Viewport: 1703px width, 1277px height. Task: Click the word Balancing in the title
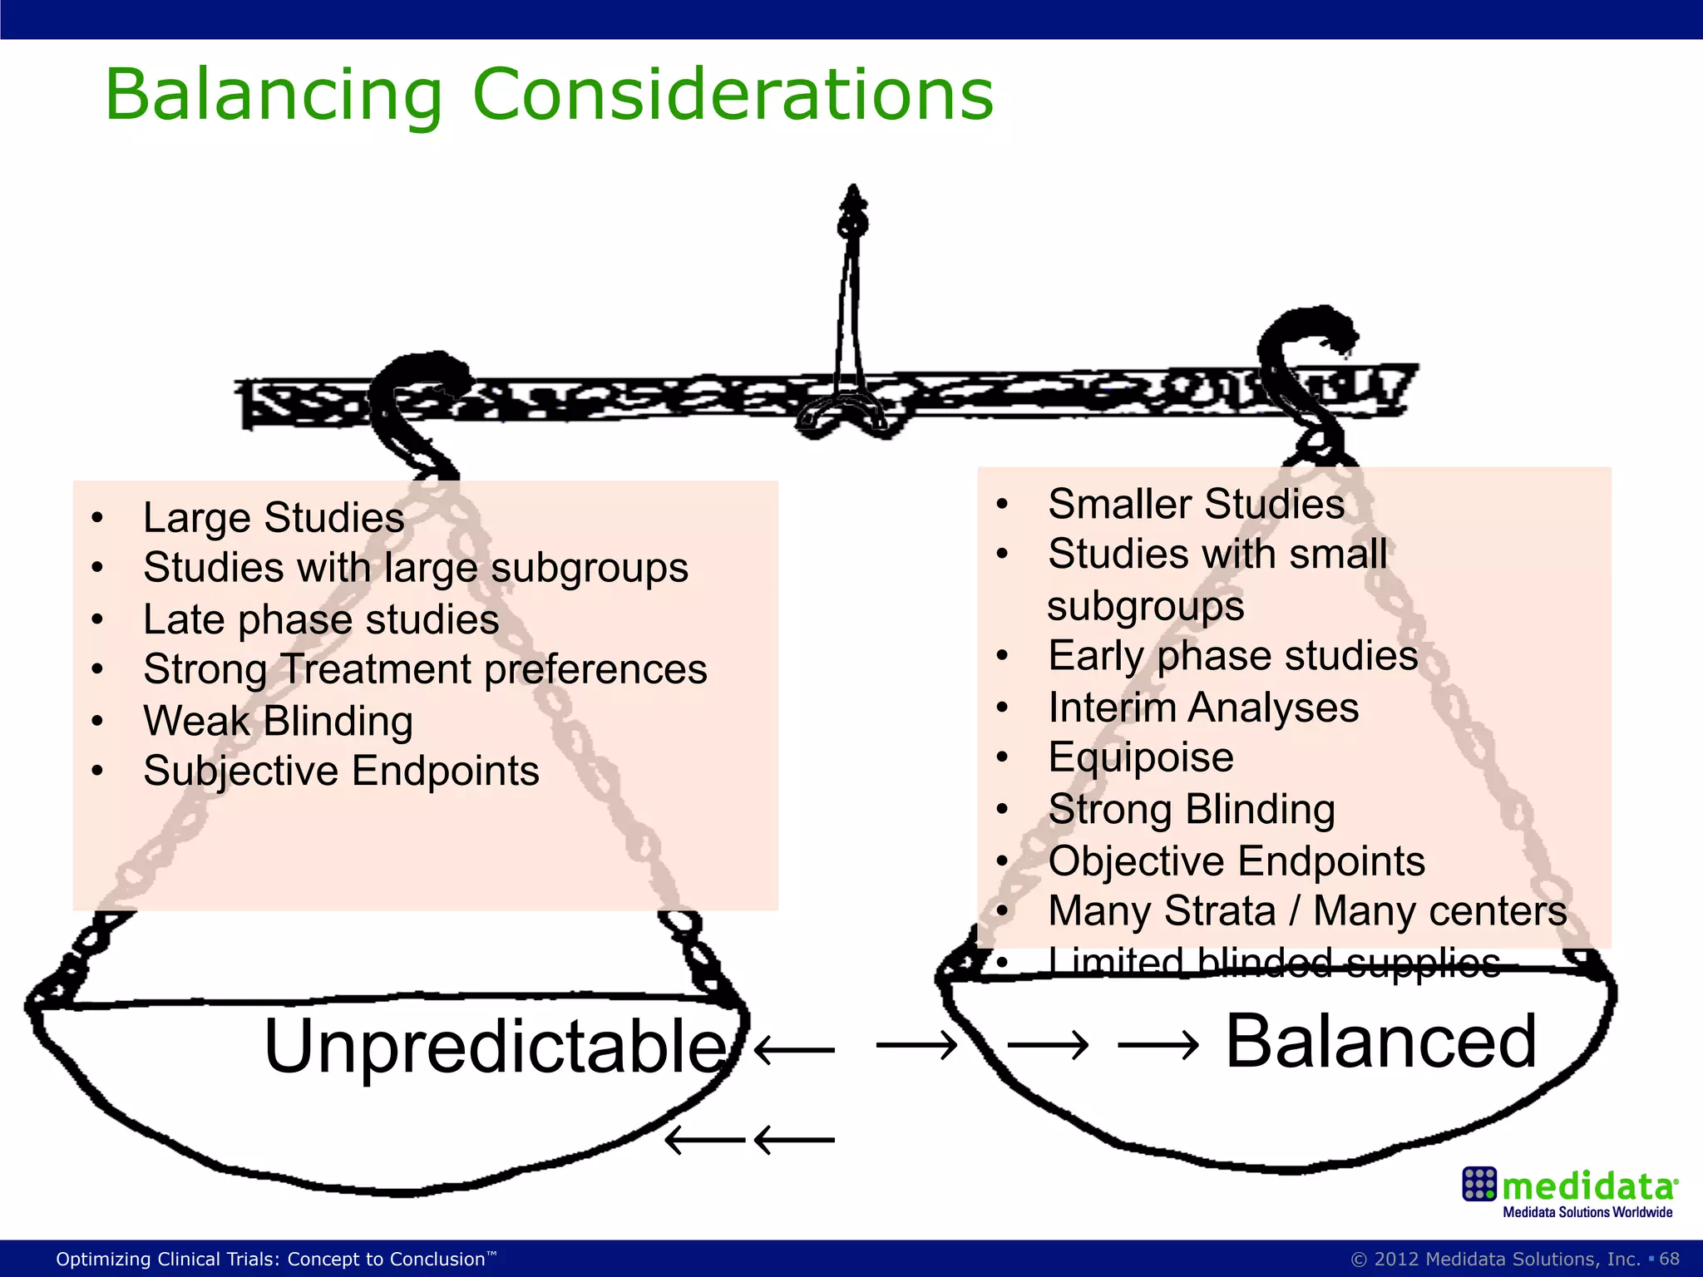tap(274, 95)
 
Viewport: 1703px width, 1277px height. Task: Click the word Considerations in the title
tap(733, 95)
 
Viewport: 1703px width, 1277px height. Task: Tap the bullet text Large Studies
tap(274, 518)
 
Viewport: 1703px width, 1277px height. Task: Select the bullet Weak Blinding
tap(278, 721)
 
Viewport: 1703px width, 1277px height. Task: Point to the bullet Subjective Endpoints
tap(341, 771)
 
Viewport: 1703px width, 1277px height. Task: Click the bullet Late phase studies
tap(321, 619)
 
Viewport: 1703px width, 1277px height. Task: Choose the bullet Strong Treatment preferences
tap(425, 669)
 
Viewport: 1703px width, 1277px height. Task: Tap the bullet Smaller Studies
tap(1196, 504)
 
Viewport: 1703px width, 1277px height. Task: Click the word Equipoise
tap(1141, 757)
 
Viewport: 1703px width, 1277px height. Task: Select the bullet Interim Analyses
tap(1203, 708)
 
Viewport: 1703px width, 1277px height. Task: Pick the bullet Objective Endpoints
tap(1237, 861)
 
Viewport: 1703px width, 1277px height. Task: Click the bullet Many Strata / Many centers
tap(1307, 911)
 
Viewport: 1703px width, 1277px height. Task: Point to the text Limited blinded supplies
tap(1274, 963)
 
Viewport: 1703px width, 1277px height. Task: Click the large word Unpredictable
tap(496, 1047)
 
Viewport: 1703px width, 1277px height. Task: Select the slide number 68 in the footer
tap(1669, 1259)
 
